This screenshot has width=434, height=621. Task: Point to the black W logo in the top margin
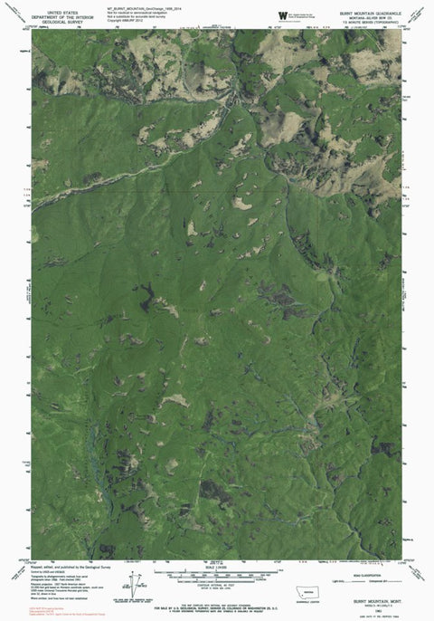282,15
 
